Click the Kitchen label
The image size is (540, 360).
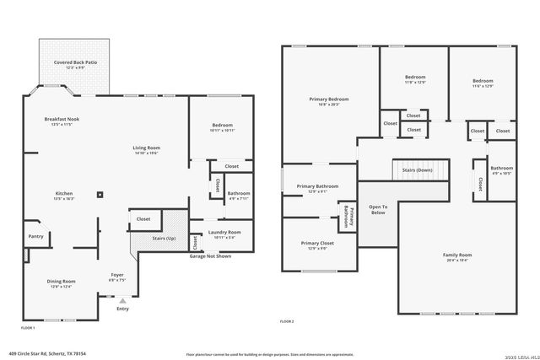coord(52,196)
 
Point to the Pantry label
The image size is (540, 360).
coord(35,236)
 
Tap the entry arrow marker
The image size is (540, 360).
coord(123,300)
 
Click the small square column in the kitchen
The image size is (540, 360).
coord(100,194)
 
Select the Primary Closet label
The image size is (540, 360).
coord(316,245)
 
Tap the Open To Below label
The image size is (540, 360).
coord(378,209)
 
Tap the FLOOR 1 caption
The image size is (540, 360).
coord(28,326)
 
